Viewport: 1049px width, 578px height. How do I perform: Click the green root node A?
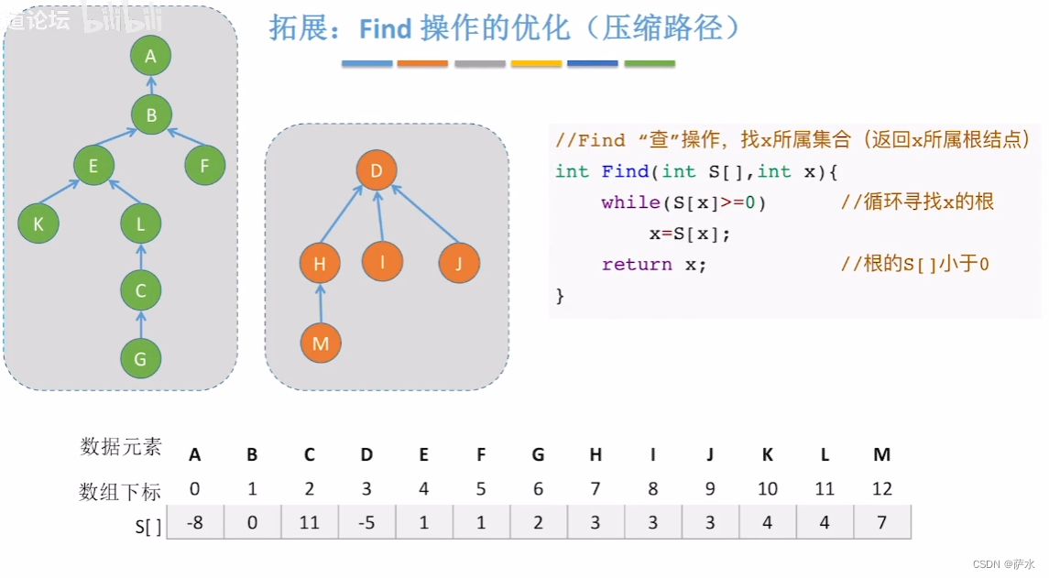coord(151,56)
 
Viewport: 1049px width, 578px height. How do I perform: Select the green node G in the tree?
coord(140,359)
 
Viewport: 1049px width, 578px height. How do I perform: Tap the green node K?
coord(38,224)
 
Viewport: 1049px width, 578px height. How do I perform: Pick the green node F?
coord(204,167)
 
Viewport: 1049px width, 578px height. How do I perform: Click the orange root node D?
coord(377,170)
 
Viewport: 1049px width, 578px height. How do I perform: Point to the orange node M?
coord(321,344)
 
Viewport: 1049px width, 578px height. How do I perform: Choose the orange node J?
coord(459,264)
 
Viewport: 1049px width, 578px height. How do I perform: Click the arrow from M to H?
coord(321,304)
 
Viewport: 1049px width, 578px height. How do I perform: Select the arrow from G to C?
coord(140,325)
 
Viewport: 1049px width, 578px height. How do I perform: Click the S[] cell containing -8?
coord(194,522)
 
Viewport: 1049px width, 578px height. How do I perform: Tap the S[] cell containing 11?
coord(310,522)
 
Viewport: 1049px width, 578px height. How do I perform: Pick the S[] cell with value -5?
coord(366,522)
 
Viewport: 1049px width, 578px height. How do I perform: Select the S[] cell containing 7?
coord(881,522)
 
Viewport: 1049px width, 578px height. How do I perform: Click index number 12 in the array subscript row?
coord(881,489)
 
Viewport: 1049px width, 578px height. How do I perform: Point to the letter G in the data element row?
coord(538,454)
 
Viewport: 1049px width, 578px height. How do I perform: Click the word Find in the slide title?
coord(386,29)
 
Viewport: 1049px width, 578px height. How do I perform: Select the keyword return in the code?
coord(637,265)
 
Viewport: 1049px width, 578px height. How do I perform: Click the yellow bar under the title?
coord(537,64)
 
